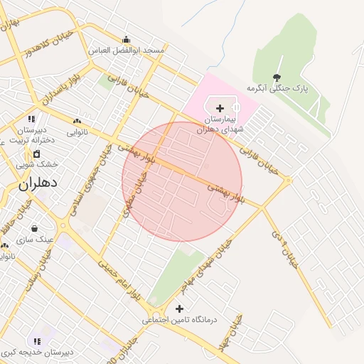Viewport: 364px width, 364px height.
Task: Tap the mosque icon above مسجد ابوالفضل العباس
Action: pyautogui.click(x=127, y=39)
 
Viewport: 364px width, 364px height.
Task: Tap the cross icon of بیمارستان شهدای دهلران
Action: pyautogui.click(x=219, y=108)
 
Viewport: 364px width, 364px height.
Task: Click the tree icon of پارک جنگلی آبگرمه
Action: pyautogui.click(x=277, y=77)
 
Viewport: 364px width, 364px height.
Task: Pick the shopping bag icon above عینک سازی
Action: pyautogui.click(x=34, y=228)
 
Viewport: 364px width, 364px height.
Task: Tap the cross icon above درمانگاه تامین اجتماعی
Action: pyautogui.click(x=179, y=309)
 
